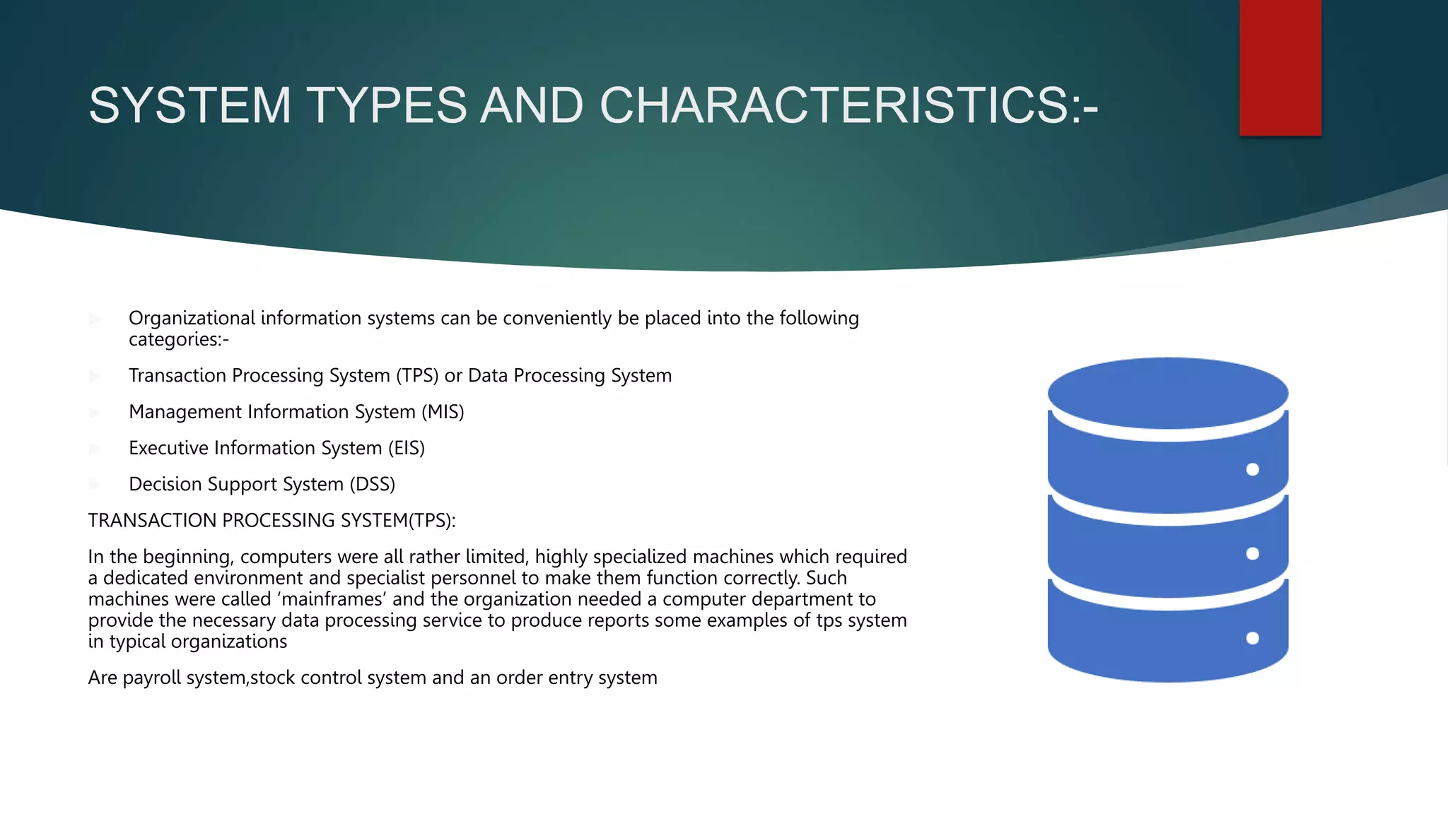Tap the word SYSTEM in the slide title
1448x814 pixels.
pos(189,105)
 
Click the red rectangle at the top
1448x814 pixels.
pos(1280,67)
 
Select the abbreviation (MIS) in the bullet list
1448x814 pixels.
pos(443,412)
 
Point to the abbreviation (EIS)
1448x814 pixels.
pos(406,448)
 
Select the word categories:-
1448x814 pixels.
pos(178,340)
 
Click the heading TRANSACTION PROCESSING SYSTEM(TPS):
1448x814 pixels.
pos(271,521)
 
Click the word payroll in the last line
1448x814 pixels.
pos(153,678)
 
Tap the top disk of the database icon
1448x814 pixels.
pos(1167,392)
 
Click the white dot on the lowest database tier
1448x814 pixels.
pos(1252,638)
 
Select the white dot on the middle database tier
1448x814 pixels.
pos(1252,553)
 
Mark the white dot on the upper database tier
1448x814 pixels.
pos(1252,469)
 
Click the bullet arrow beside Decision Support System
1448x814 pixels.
pos(95,485)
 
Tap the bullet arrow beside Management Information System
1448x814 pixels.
pos(95,412)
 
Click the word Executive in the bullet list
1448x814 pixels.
pos(168,448)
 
